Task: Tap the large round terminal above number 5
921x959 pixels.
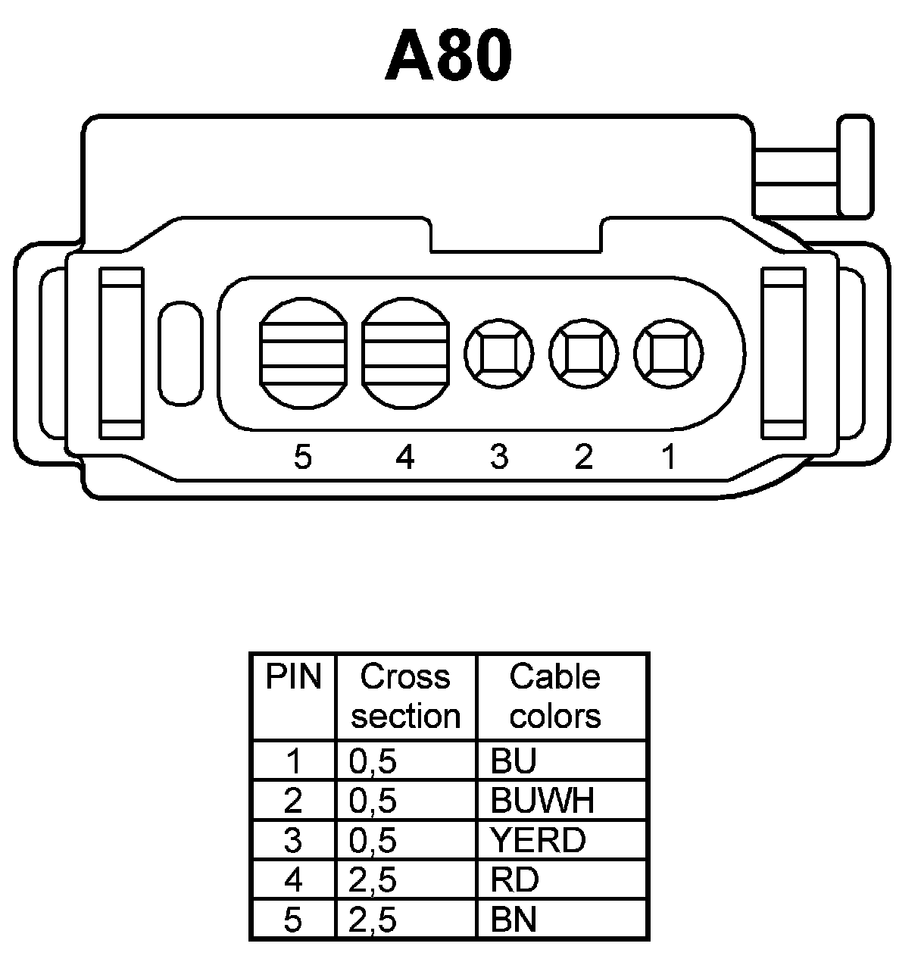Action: (x=302, y=353)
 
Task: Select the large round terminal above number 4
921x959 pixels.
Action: (x=405, y=353)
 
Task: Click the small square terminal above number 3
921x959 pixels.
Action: (x=498, y=354)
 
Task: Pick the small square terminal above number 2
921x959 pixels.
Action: (x=583, y=354)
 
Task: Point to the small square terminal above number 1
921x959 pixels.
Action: (x=668, y=354)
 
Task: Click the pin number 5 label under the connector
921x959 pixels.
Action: (x=302, y=457)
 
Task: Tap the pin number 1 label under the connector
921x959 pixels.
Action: (x=668, y=457)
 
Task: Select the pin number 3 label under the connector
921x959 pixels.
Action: (x=498, y=457)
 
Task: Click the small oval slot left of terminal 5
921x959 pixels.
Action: (x=180, y=352)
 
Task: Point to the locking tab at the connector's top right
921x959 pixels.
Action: (x=854, y=167)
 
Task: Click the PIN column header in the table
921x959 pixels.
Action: (x=293, y=677)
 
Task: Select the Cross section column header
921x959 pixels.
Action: (x=405, y=696)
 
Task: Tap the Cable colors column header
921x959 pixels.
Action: (x=555, y=696)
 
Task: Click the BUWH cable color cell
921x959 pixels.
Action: (x=542, y=801)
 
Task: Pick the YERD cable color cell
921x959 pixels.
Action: (x=538, y=840)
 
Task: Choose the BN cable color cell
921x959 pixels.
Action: (x=514, y=920)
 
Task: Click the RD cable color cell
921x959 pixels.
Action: (x=515, y=880)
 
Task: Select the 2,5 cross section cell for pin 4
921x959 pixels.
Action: (x=373, y=880)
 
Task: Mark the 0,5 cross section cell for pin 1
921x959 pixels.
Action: (x=373, y=761)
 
